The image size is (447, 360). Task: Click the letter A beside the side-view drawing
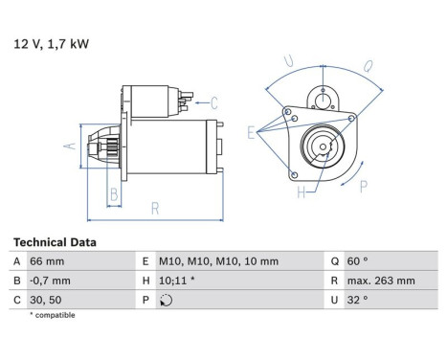(67, 146)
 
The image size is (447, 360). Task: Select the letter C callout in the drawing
(214, 102)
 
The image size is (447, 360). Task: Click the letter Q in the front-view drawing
(369, 68)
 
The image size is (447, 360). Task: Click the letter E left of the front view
(251, 134)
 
